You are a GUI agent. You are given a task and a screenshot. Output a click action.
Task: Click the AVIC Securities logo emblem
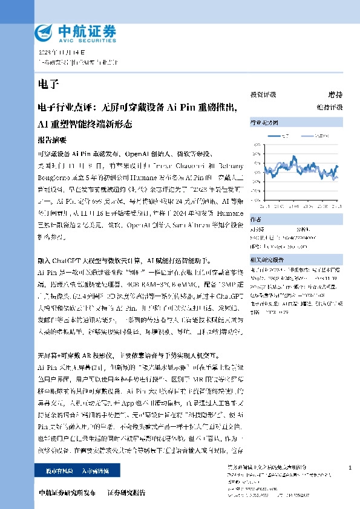pyautogui.click(x=45, y=31)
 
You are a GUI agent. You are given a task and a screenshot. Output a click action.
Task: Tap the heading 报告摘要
pyautogui.click(x=51, y=139)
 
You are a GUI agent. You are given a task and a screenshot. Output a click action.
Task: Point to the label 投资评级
pyautogui.click(x=263, y=95)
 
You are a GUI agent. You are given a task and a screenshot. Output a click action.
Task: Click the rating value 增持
pyautogui.click(x=335, y=95)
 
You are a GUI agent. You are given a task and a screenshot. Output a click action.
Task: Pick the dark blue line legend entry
pyautogui.click(x=281, y=136)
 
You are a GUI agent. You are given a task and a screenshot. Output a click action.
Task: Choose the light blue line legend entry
pyautogui.click(x=315, y=136)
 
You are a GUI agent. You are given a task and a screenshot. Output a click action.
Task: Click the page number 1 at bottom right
pyautogui.click(x=350, y=468)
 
